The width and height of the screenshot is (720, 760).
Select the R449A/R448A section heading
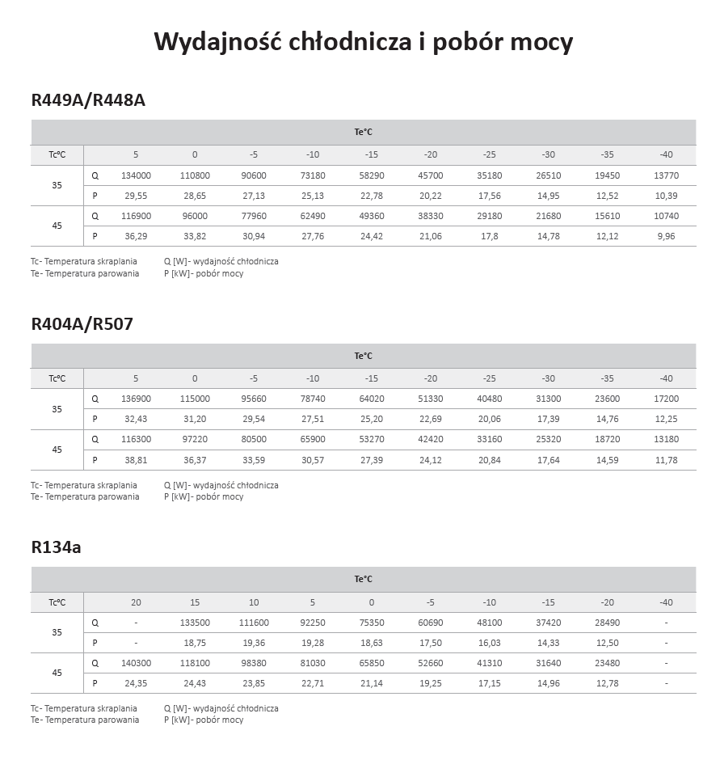pyautogui.click(x=88, y=100)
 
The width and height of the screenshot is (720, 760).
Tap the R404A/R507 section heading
pyautogui.click(x=82, y=324)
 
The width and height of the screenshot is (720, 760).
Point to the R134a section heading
pyautogui.click(x=56, y=547)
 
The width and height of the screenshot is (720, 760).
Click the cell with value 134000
pyautogui.click(x=136, y=175)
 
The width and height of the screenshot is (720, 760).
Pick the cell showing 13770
pyautogui.click(x=666, y=175)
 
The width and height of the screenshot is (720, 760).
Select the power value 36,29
pyautogui.click(x=136, y=236)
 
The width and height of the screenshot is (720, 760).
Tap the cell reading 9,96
pyautogui.click(x=666, y=236)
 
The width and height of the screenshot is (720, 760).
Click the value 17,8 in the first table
pyautogui.click(x=489, y=236)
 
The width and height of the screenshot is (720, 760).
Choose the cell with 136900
pyautogui.click(x=136, y=399)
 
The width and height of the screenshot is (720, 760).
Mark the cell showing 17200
pyautogui.click(x=666, y=399)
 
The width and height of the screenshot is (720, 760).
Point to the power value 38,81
pyautogui.click(x=136, y=460)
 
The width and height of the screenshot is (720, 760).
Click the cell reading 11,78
pyautogui.click(x=666, y=460)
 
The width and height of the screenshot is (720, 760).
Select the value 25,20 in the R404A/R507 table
pyautogui.click(x=371, y=419)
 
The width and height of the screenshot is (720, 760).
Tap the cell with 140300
pyautogui.click(x=136, y=663)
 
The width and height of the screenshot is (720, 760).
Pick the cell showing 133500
pyautogui.click(x=195, y=623)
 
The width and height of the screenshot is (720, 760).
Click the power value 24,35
pyautogui.click(x=136, y=683)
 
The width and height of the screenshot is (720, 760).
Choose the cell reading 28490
pyautogui.click(x=607, y=623)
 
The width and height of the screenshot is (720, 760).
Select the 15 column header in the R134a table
pyautogui.click(x=195, y=602)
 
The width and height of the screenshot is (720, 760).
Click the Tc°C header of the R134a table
pyautogui.click(x=57, y=602)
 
